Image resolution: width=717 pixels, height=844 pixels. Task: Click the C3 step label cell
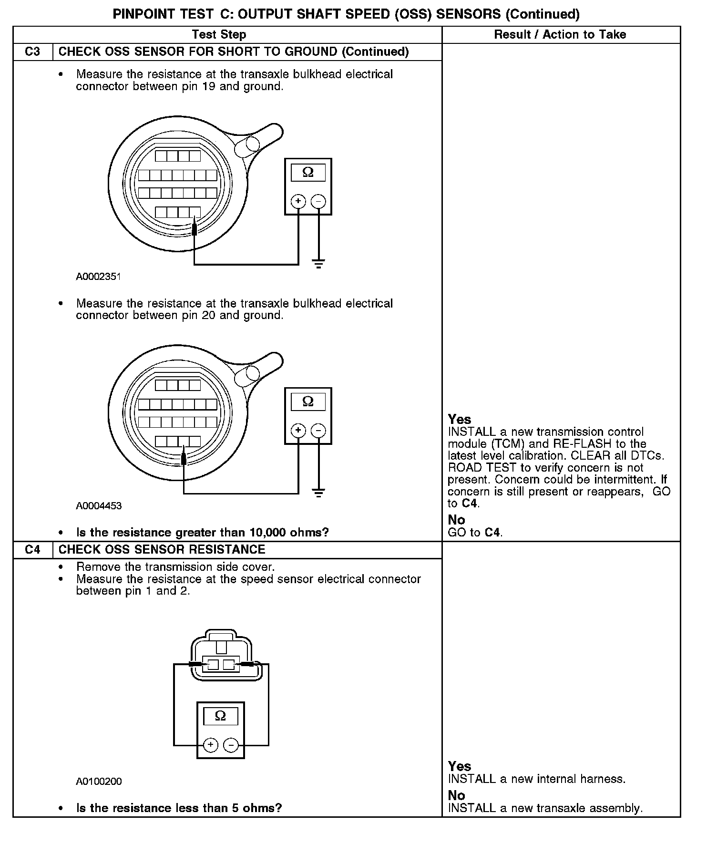[32, 51]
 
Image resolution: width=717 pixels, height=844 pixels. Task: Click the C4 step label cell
[32, 549]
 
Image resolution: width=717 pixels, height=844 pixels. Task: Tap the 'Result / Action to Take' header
[560, 34]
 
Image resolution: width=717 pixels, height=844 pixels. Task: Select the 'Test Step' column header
[219, 34]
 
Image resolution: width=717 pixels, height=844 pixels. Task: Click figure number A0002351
[98, 277]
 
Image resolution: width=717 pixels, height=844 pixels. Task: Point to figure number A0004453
[99, 506]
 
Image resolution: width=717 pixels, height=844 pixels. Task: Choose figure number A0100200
[99, 782]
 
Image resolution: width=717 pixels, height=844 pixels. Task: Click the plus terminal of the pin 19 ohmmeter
[298, 201]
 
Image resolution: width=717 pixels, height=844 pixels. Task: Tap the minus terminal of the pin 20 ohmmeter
[318, 431]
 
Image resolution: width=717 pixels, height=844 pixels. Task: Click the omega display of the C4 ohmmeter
[220, 716]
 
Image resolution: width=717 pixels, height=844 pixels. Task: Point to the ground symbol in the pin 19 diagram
[318, 264]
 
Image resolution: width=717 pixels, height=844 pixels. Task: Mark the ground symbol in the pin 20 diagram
[318, 493]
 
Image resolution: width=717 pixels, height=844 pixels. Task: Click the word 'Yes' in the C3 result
[460, 419]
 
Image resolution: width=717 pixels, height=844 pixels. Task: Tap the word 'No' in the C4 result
[456, 795]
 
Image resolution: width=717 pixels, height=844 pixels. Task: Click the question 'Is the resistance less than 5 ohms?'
[179, 808]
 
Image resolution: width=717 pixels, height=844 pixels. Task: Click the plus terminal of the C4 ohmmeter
[210, 745]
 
